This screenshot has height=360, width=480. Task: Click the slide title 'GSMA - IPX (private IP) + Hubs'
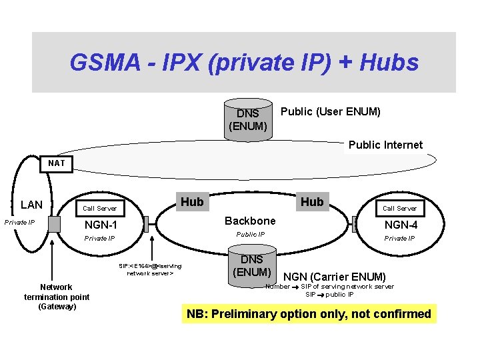pyautogui.click(x=244, y=63)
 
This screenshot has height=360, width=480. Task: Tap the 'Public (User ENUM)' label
pyautogui.click(x=331, y=111)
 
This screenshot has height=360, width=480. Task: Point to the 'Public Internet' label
pyautogui.click(x=385, y=145)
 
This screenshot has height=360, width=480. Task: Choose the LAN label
pyautogui.click(x=31, y=205)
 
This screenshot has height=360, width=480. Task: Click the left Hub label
pyautogui.click(x=192, y=201)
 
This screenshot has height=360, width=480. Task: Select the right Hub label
pyautogui.click(x=311, y=201)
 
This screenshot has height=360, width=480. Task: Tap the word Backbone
pyautogui.click(x=250, y=221)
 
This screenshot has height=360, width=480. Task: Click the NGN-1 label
pyautogui.click(x=101, y=225)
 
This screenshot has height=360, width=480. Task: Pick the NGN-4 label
pyautogui.click(x=401, y=225)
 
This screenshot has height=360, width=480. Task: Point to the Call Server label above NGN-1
pyautogui.click(x=99, y=209)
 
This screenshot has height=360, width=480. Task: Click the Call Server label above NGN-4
pyautogui.click(x=400, y=208)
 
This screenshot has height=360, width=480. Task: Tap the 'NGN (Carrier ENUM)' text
pyautogui.click(x=335, y=277)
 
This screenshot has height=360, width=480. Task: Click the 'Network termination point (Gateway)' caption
pyautogui.click(x=57, y=297)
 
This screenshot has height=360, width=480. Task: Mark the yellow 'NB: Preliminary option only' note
pyautogui.click(x=309, y=314)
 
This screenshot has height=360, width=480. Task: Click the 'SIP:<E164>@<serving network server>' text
pyautogui.click(x=150, y=269)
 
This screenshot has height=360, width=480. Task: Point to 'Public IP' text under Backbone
pyautogui.click(x=251, y=234)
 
